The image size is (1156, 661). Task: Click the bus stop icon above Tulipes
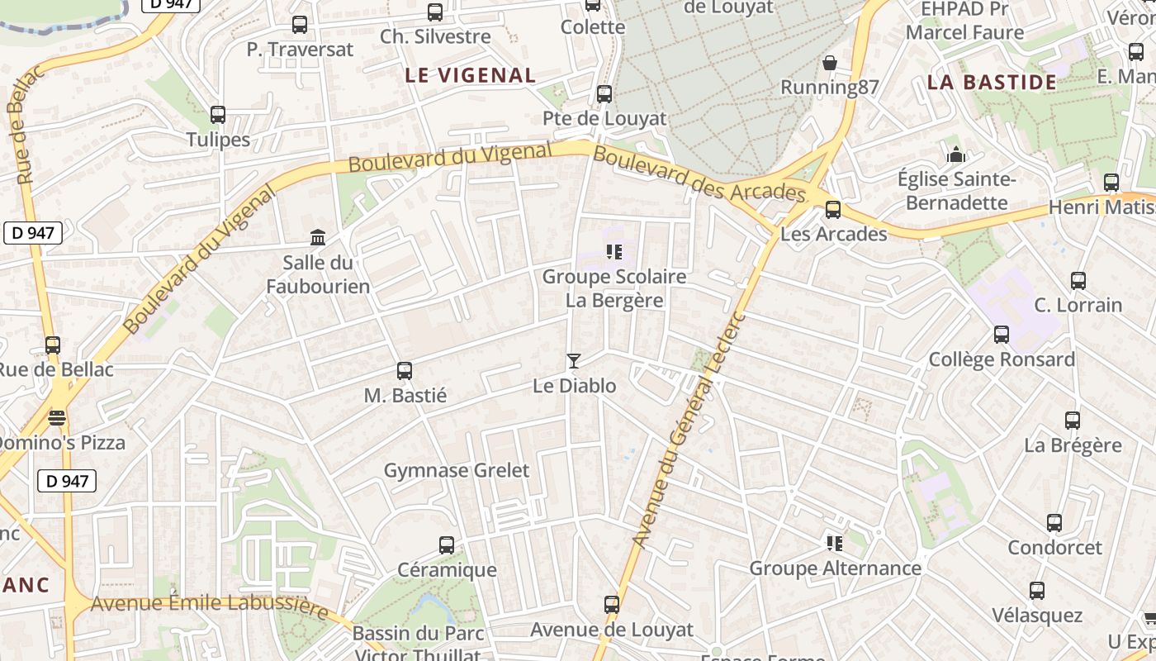pyautogui.click(x=218, y=115)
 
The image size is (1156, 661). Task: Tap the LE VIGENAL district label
pyautogui.click(x=471, y=75)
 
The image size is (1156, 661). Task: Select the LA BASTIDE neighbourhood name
pyautogui.click(x=992, y=82)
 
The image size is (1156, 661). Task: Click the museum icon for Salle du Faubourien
pyautogui.click(x=318, y=238)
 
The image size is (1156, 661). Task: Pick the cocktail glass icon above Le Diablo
pyautogui.click(x=574, y=361)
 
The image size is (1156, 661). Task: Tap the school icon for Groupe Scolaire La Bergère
pyautogui.click(x=614, y=251)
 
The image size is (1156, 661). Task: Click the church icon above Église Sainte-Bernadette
pyautogui.click(x=956, y=155)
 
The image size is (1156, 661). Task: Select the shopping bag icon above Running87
pyautogui.click(x=830, y=63)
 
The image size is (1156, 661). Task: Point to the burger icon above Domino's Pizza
pyautogui.click(x=56, y=418)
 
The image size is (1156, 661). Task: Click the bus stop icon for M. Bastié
pyautogui.click(x=405, y=371)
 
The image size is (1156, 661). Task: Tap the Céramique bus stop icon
pyautogui.click(x=447, y=545)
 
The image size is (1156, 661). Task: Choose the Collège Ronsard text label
pyautogui.click(x=1002, y=359)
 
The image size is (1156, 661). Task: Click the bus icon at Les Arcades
pyautogui.click(x=833, y=210)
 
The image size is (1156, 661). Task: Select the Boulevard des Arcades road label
pyautogui.click(x=699, y=175)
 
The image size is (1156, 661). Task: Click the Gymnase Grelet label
pyautogui.click(x=457, y=470)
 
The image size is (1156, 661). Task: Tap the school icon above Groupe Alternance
pyautogui.click(x=835, y=544)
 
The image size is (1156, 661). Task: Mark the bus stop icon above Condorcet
pyautogui.click(x=1054, y=523)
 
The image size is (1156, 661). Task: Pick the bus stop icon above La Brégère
pyautogui.click(x=1073, y=421)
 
